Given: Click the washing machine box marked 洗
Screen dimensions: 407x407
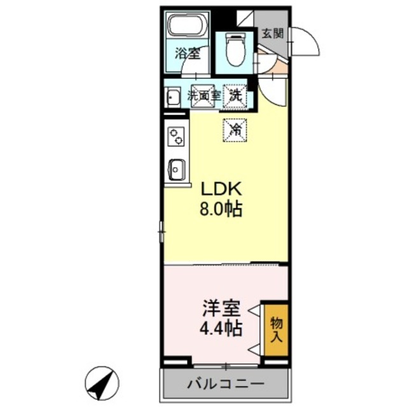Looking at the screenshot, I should click(236, 96).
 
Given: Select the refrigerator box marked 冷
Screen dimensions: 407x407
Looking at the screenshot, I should click(236, 130).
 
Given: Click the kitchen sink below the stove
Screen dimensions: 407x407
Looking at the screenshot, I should click(176, 170).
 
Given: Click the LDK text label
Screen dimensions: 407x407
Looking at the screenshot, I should click(221, 189).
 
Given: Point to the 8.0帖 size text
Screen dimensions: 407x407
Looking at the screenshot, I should click(221, 209).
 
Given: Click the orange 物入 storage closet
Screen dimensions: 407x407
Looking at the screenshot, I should click(276, 329).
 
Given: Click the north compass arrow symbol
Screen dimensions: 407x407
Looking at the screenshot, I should click(102, 383).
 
